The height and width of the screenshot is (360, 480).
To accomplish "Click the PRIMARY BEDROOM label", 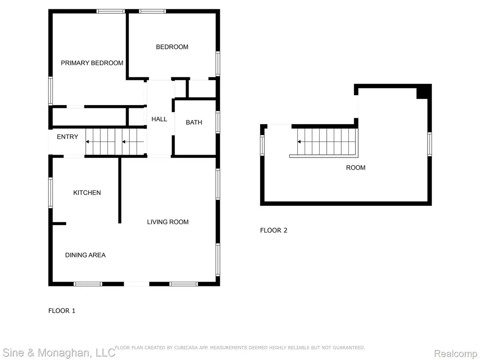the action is click(92, 63).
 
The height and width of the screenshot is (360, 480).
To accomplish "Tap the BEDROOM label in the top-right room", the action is click(172, 47).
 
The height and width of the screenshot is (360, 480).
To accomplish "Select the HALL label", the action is click(159, 119).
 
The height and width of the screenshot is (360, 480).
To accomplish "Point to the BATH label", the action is click(194, 122).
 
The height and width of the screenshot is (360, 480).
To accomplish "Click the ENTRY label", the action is click(67, 137).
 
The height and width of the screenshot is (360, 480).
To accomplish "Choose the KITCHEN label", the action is click(87, 193).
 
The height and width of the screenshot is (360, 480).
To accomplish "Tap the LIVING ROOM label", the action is click(168, 222).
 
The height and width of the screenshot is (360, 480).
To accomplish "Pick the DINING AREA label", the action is click(85, 255).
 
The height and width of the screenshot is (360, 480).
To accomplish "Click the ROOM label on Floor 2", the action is click(356, 168).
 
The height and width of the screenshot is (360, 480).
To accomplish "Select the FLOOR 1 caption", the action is click(62, 311).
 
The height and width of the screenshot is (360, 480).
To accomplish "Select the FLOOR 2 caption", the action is click(274, 230).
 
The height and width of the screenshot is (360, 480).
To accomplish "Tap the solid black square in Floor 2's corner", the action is click(424, 91).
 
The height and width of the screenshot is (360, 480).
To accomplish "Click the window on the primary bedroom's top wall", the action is click(111, 11).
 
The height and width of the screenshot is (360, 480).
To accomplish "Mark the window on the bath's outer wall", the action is click(217, 122).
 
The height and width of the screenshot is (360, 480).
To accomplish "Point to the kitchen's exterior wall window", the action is click(51, 193).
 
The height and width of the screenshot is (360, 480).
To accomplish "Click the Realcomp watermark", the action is click(456, 353).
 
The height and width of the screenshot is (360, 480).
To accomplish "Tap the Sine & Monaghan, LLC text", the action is click(59, 352).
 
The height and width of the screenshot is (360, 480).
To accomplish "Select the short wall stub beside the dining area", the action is click(59, 224).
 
